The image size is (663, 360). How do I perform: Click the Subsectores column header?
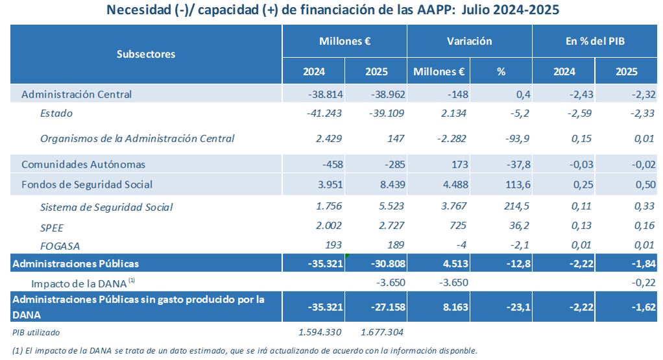146,54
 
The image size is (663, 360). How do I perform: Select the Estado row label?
56,113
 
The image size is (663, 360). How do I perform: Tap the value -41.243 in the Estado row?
324,113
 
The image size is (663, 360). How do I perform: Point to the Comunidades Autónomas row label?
83,165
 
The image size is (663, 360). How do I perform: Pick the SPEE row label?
52,226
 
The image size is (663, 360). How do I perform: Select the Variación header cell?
469,41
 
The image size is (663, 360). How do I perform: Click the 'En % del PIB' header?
595,41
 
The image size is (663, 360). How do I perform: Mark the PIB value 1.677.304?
383,333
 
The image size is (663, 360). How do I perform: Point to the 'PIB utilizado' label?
36,333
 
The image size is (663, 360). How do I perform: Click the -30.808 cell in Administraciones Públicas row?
387,263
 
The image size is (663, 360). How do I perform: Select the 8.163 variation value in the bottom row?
450,307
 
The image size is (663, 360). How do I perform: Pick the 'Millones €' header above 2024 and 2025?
344,41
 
